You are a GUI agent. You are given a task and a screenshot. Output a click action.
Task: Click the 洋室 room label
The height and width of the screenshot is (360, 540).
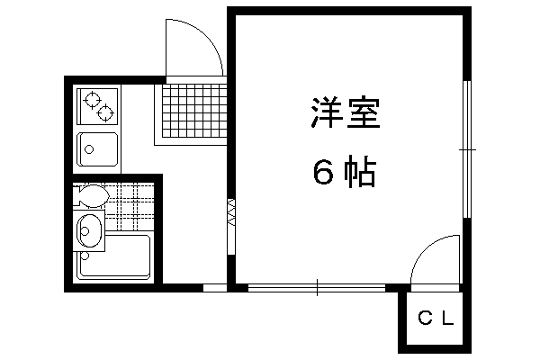[346, 113]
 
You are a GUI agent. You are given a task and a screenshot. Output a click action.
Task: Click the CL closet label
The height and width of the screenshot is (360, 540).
[436, 319]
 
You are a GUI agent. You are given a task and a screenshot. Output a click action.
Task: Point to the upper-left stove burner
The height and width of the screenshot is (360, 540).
[93, 100]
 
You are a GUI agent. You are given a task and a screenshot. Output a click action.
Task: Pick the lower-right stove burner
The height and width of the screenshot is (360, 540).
[105, 112]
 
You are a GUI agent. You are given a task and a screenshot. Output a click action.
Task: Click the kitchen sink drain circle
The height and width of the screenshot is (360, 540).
[89, 149]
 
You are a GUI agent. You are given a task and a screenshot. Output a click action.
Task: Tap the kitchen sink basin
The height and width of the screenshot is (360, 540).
[97, 148]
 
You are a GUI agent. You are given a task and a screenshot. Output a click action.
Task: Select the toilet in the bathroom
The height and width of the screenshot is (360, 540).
[91, 195]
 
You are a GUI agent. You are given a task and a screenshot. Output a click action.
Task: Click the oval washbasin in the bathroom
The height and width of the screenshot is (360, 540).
[90, 230]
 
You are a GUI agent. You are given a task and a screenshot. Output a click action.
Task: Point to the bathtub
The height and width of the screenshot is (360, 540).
[113, 257]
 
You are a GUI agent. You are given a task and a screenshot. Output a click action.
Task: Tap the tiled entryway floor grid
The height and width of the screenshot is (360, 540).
[193, 111]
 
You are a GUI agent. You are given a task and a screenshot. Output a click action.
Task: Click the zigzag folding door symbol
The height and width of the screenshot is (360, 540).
[231, 212]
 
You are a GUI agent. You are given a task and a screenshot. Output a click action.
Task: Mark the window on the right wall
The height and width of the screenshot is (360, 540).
[467, 149]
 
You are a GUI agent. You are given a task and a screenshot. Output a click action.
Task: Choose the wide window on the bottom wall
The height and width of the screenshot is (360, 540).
[317, 288]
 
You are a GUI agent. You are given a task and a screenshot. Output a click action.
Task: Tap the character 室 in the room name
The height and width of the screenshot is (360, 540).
[364, 113]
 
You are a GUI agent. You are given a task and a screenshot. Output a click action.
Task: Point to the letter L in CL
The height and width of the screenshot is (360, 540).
[448, 319]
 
